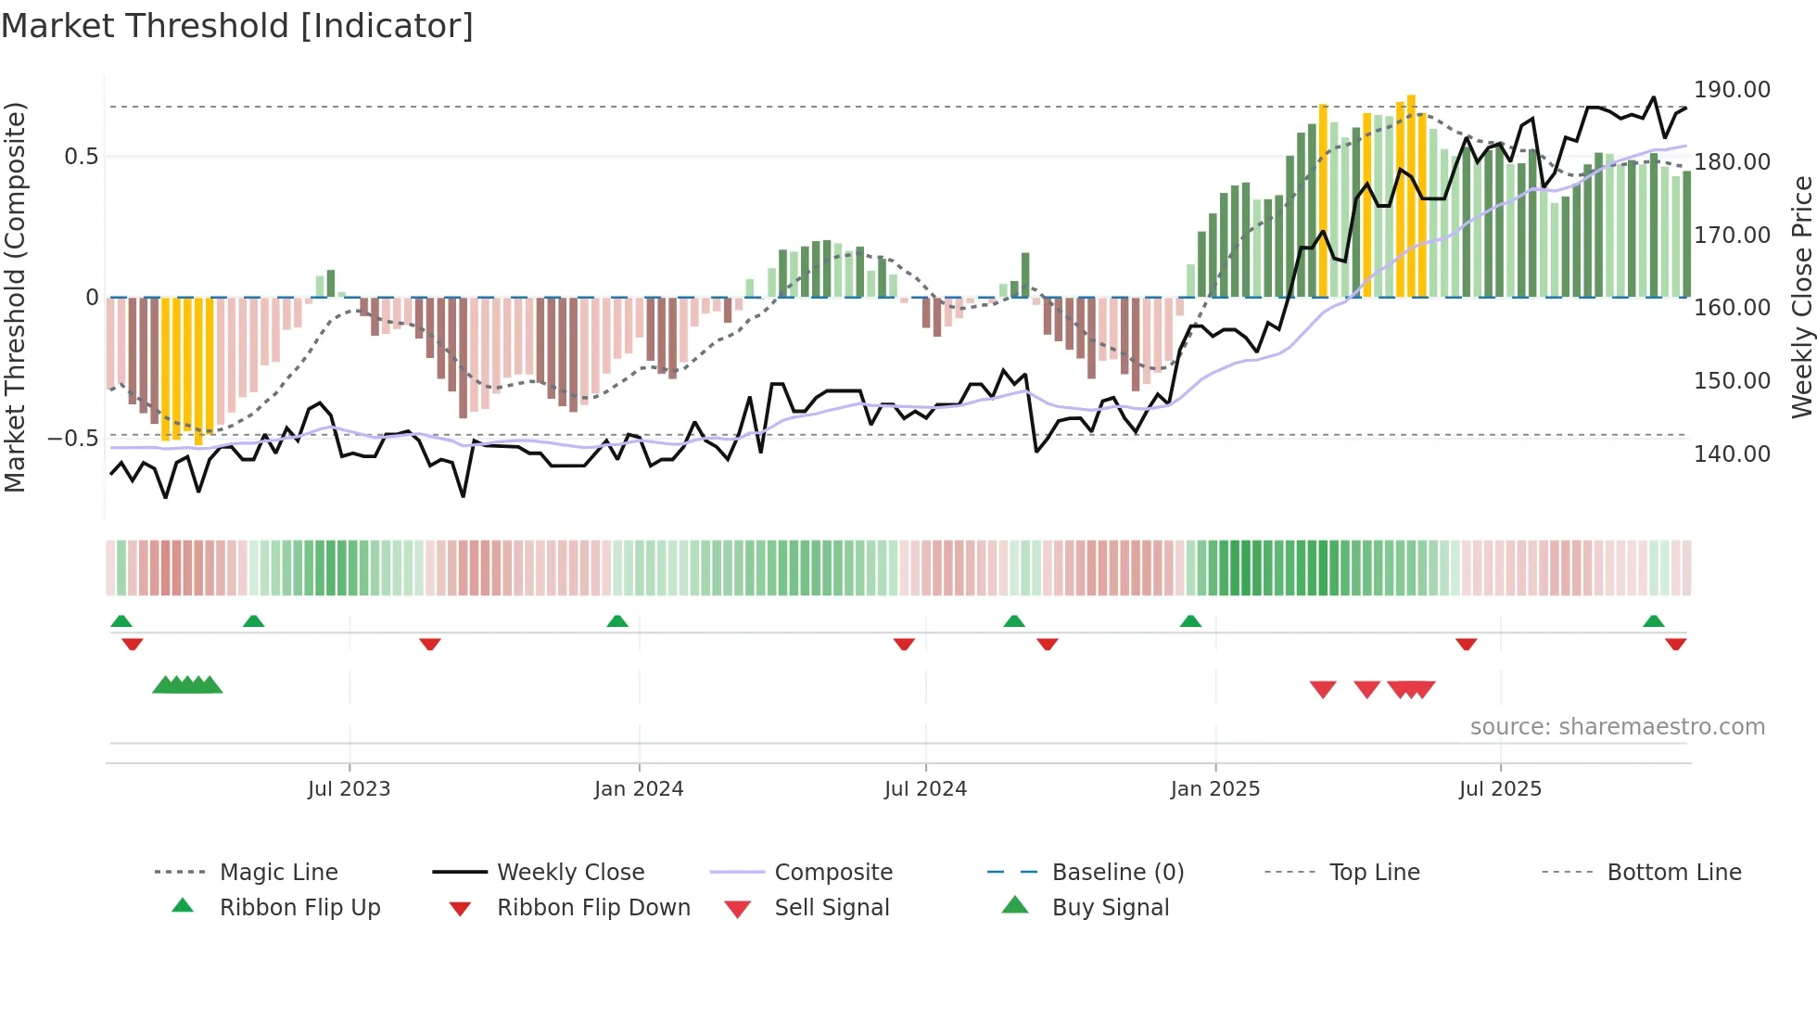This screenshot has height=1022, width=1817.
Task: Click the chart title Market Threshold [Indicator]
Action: pyautogui.click(x=237, y=26)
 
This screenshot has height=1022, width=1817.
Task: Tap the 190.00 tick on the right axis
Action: pyautogui.click(x=1732, y=90)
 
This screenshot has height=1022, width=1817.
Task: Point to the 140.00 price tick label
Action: pyautogui.click(x=1732, y=454)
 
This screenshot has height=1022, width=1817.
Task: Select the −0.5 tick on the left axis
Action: pyautogui.click(x=73, y=438)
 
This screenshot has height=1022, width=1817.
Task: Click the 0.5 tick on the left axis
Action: pyautogui.click(x=81, y=157)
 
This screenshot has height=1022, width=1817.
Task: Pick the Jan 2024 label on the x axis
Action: pyautogui.click(x=639, y=789)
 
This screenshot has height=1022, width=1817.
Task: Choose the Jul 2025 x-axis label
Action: pyautogui.click(x=1500, y=789)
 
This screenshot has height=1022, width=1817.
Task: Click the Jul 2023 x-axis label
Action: pyautogui.click(x=349, y=789)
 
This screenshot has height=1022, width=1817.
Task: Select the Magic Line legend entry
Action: pyautogui.click(x=278, y=873)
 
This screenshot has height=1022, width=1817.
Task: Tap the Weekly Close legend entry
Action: pyautogui.click(x=570, y=873)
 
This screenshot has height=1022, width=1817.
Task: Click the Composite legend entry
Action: pyautogui.click(x=833, y=873)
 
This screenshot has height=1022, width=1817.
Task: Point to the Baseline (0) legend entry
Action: pyautogui.click(x=1117, y=873)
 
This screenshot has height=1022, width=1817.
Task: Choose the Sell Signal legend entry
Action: pyautogui.click(x=832, y=908)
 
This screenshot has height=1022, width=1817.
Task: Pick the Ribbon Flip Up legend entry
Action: pyautogui.click(x=299, y=908)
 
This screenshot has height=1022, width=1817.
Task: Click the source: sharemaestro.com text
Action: pyautogui.click(x=1617, y=727)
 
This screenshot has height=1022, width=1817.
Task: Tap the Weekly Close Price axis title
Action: pyautogui.click(x=1801, y=297)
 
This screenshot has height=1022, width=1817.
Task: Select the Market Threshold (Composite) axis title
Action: pyautogui.click(x=15, y=297)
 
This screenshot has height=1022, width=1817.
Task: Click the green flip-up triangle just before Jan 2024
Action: pyautogui.click(x=617, y=621)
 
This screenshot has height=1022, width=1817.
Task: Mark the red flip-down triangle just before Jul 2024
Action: pyautogui.click(x=904, y=644)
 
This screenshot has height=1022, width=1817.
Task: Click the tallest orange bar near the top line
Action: pyautogui.click(x=1411, y=195)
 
